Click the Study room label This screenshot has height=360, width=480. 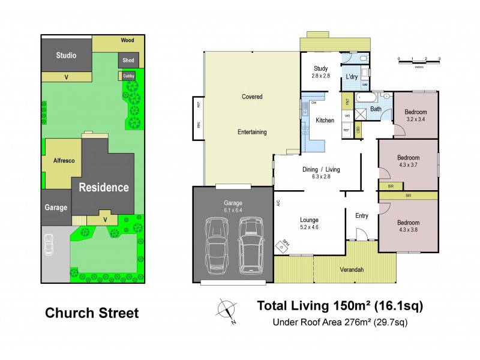[x=320, y=72]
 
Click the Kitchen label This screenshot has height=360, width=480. [x=325, y=121]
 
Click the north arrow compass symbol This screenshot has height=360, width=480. [x=226, y=310]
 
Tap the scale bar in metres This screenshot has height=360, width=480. [x=419, y=61]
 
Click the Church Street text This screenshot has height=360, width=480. [x=92, y=313]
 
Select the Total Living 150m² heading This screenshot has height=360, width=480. [x=340, y=305]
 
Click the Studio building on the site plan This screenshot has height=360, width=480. [x=66, y=56]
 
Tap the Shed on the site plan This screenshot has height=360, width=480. [x=128, y=61]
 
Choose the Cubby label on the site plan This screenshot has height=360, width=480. [x=129, y=76]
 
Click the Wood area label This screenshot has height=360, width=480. [x=127, y=41]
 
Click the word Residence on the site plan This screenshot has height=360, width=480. [x=104, y=187]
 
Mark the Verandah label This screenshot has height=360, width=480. [x=352, y=270]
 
